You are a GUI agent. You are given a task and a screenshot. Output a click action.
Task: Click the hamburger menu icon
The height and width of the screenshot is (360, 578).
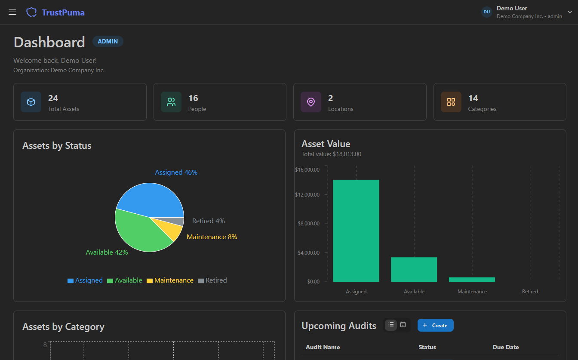[12, 12]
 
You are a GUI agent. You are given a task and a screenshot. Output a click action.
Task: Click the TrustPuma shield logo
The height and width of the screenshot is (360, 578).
[31, 12]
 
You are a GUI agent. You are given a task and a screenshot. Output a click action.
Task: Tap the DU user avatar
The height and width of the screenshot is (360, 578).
[486, 12]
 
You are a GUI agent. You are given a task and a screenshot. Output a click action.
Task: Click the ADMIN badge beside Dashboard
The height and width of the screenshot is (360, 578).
[108, 41]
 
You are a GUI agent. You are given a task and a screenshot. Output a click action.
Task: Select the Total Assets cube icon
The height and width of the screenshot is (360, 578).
[31, 102]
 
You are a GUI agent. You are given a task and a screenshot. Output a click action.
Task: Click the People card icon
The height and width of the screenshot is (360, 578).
[171, 102]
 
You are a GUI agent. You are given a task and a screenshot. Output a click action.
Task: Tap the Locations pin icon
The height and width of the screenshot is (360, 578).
[311, 102]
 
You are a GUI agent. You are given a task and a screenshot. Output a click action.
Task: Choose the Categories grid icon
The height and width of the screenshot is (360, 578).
[451, 102]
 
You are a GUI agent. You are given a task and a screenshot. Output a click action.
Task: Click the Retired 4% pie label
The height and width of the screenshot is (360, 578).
[208, 221]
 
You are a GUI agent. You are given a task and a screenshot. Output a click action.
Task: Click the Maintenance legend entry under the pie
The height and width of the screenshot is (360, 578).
[170, 280]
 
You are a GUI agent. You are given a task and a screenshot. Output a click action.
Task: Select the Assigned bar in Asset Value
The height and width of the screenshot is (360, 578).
[356, 231]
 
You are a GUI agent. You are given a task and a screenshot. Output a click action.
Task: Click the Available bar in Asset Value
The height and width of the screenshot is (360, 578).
[414, 269]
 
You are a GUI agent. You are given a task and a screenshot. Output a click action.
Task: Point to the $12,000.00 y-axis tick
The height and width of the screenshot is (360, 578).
[307, 195]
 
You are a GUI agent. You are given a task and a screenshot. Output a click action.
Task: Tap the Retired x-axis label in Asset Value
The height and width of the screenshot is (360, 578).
[530, 292]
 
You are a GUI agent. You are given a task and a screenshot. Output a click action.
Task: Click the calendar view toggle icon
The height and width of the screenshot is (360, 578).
[403, 325]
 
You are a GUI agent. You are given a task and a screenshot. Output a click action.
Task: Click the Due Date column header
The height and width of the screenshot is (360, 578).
[506, 347]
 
